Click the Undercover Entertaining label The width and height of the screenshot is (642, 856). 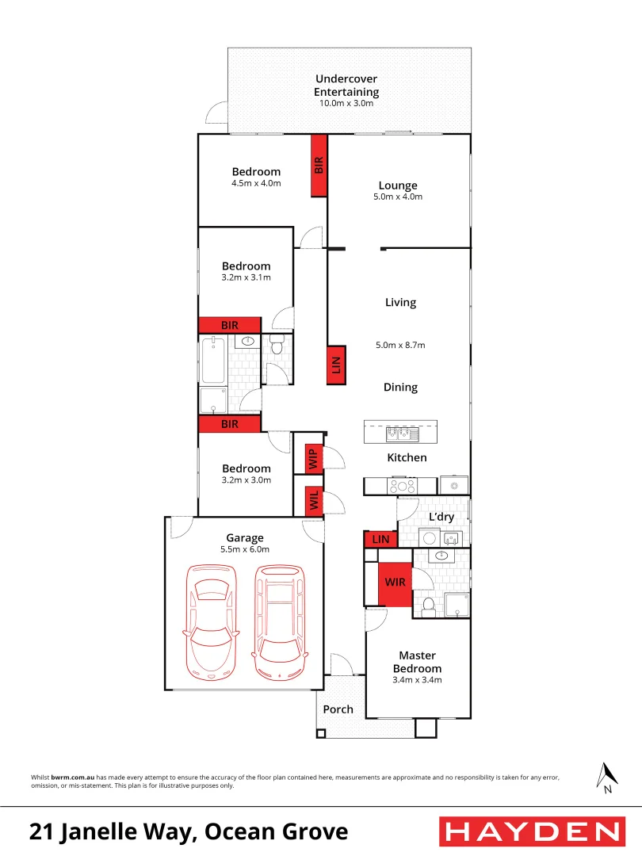(x=346, y=86)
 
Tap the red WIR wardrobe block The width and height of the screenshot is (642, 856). (x=395, y=583)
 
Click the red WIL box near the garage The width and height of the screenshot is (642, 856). (x=313, y=500)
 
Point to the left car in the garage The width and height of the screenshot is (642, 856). (x=209, y=621)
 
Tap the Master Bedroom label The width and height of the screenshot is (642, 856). (x=417, y=662)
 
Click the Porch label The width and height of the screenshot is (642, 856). (x=338, y=709)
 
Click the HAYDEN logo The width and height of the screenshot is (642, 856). (x=531, y=832)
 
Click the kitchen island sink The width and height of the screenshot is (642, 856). (x=397, y=434)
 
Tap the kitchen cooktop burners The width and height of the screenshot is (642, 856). (x=402, y=486)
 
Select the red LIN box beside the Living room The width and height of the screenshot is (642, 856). (x=336, y=365)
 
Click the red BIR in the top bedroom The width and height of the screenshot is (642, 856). (x=319, y=165)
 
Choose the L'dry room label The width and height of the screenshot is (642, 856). (x=441, y=517)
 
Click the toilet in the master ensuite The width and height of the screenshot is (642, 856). (x=428, y=606)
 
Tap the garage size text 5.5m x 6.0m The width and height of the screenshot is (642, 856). (x=245, y=549)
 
